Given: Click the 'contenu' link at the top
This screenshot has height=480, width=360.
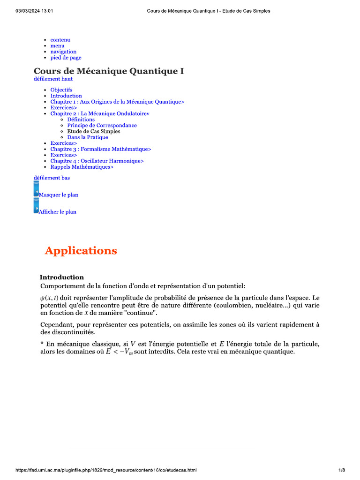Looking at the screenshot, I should (x=60, y=40).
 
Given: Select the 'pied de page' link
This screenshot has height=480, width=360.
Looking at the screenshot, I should (x=66, y=58).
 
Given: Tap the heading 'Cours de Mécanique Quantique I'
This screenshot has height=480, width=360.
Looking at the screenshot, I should (x=109, y=71).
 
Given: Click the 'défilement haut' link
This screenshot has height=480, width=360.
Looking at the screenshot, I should (x=53, y=79).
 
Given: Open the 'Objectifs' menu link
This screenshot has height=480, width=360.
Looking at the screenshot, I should (x=61, y=90).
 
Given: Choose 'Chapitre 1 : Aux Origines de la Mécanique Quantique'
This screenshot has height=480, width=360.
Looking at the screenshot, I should (x=117, y=102).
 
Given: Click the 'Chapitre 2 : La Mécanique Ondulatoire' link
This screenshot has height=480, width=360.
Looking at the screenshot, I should (x=100, y=113).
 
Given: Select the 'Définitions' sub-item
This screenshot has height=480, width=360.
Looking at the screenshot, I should (x=81, y=120).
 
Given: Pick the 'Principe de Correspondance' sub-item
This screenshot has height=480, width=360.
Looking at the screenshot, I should (x=102, y=126).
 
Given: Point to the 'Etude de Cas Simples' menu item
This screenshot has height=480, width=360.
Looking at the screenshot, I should (x=93, y=132).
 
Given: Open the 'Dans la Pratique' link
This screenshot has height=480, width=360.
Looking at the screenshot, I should (x=87, y=137).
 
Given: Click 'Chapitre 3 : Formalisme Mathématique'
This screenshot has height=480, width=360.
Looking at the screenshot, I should (x=101, y=149).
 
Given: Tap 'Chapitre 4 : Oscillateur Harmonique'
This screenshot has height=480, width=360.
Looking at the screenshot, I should (x=97, y=161).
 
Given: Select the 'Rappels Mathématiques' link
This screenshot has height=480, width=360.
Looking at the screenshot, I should (x=82, y=167).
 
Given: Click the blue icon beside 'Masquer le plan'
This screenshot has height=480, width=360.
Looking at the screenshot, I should (x=36, y=190).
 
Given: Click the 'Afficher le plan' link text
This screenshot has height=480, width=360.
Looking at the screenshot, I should (x=58, y=212).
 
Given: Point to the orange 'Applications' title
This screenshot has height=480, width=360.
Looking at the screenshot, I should (x=81, y=251).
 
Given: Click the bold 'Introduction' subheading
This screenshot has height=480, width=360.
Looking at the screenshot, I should (x=61, y=277).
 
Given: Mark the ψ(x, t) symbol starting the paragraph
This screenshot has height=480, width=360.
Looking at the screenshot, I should (x=49, y=299).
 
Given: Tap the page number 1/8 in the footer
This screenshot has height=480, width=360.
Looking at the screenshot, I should (x=342, y=470).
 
